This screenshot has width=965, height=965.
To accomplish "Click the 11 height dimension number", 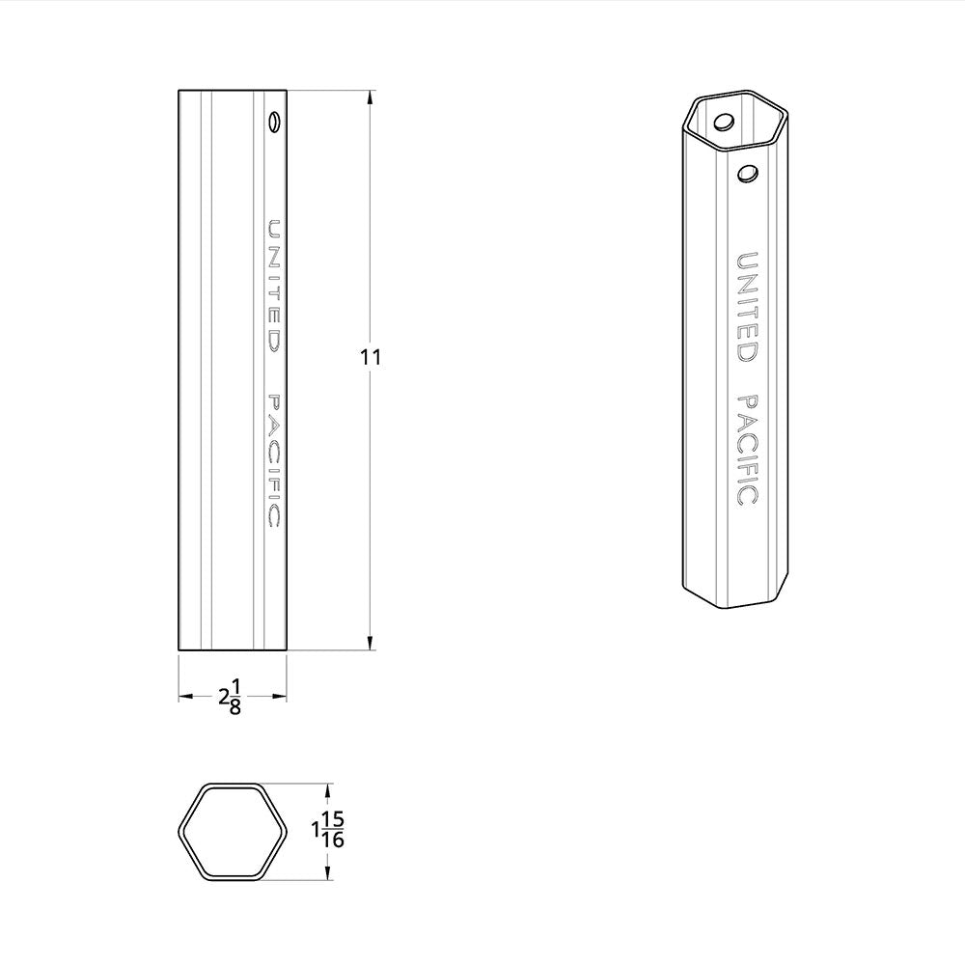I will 371,357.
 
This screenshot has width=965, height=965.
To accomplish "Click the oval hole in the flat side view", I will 274,123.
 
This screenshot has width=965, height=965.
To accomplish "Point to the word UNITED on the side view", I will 274,287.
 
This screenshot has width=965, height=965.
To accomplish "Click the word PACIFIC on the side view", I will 274,460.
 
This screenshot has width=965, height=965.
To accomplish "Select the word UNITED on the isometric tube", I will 746,307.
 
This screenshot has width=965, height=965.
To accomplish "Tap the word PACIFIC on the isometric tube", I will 746,450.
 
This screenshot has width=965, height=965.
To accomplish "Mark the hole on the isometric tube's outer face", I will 746,174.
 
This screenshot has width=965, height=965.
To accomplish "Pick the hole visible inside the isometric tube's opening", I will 724,123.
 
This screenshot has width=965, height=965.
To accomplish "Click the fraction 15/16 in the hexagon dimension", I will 333,830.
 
